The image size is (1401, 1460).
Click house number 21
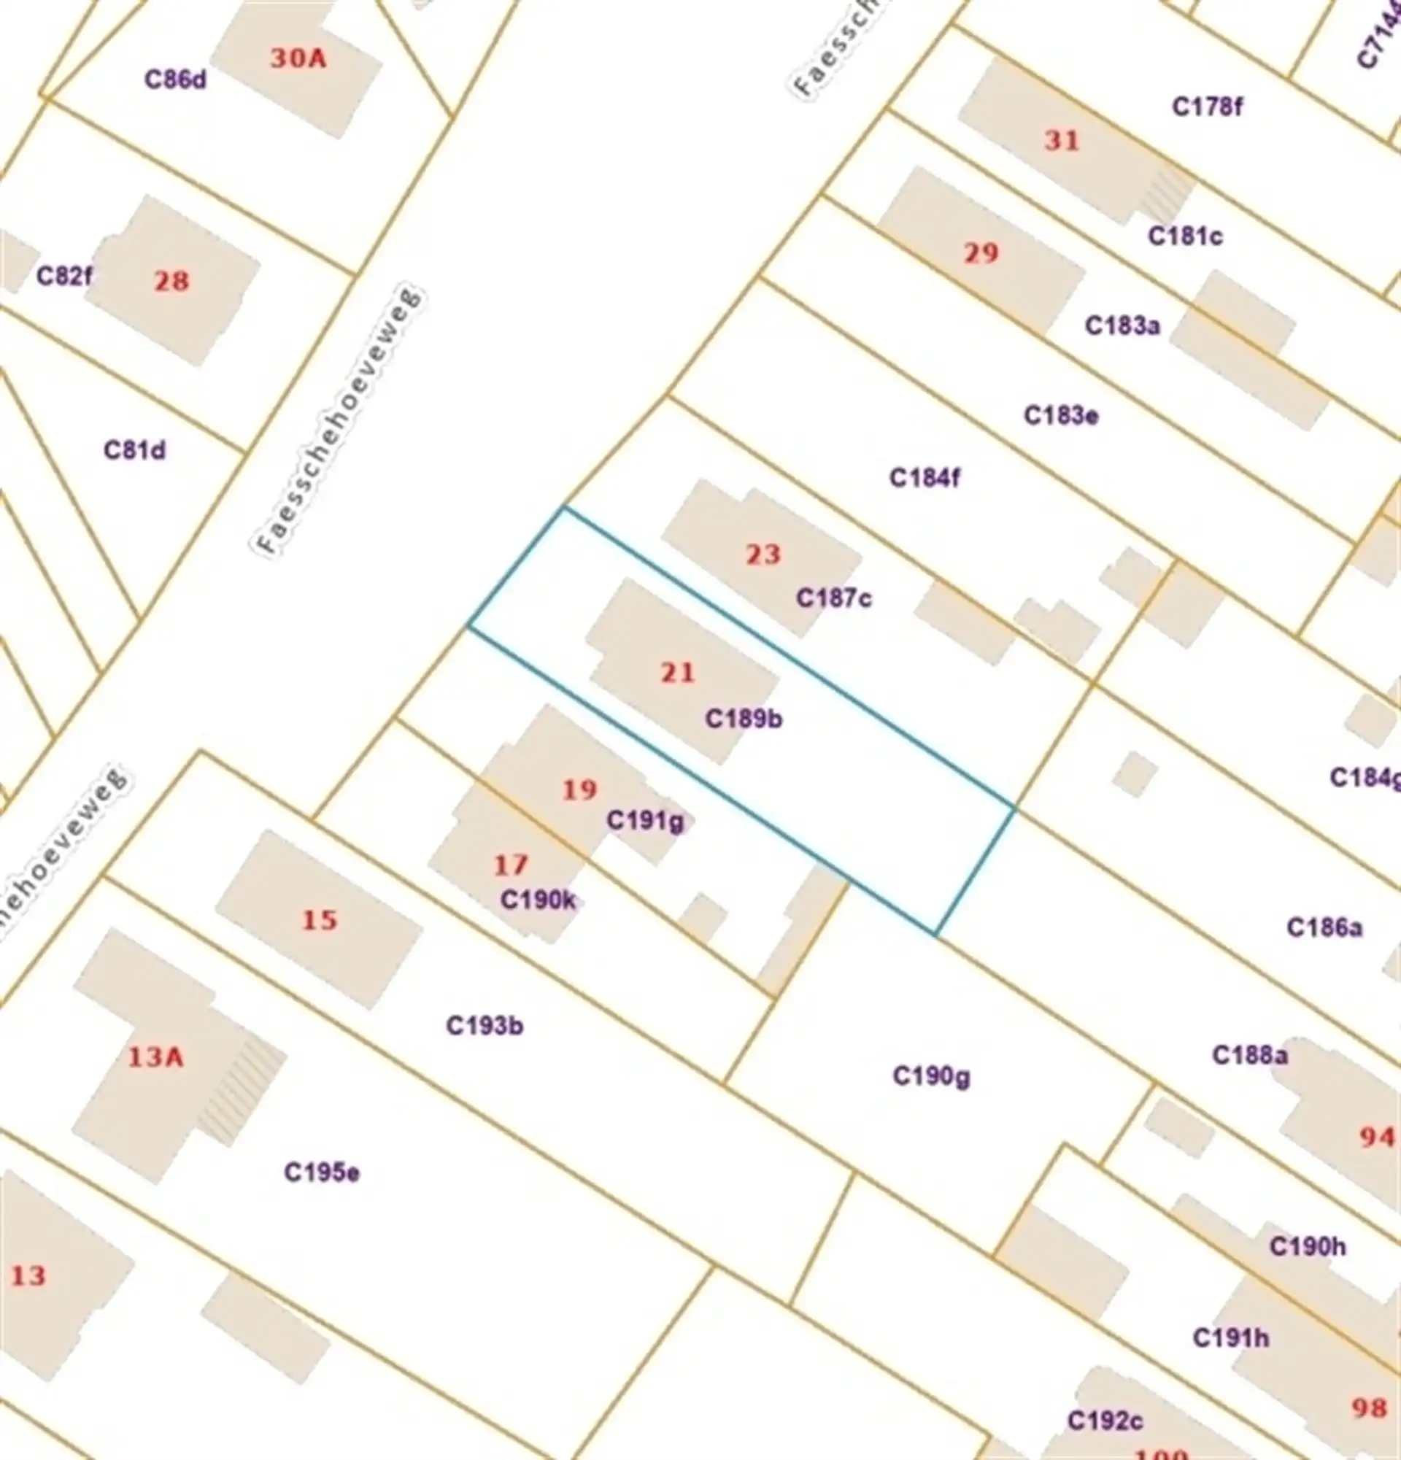[x=677, y=673]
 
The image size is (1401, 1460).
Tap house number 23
[x=763, y=555]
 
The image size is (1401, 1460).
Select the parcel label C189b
[x=744, y=719]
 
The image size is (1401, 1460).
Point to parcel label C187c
[x=833, y=598]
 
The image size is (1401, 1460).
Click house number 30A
[x=298, y=58]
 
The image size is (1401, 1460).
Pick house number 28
[x=171, y=281]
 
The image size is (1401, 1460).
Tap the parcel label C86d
[x=175, y=80]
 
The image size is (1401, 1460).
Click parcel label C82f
[x=65, y=277]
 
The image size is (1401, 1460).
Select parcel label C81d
[x=134, y=450]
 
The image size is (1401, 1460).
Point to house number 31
[x=1062, y=140]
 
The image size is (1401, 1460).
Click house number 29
[x=980, y=253]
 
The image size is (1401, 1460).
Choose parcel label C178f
[x=1207, y=107]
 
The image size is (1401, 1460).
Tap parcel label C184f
[x=925, y=476]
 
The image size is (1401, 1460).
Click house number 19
[x=579, y=789]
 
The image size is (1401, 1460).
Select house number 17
[x=511, y=865]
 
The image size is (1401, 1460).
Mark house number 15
[x=320, y=920]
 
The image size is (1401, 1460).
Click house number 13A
[x=155, y=1057]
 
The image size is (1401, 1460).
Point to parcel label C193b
[x=484, y=1026]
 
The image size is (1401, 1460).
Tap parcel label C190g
[x=931, y=1076]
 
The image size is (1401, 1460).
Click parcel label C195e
[x=322, y=1173]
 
